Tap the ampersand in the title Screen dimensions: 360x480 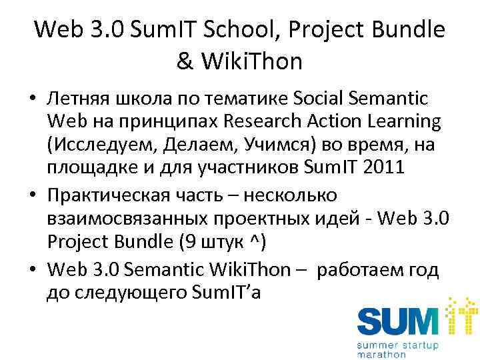point(185,62)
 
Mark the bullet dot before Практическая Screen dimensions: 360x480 point(32,196)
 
